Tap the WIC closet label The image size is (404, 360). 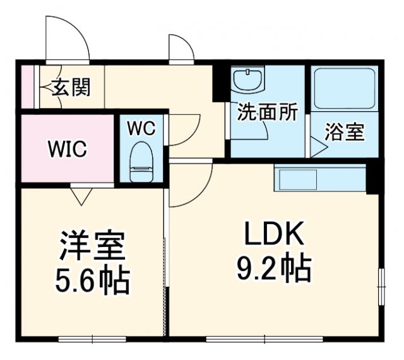(x=68, y=150)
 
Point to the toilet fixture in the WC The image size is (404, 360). (x=141, y=162)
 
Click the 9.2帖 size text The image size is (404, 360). (x=271, y=270)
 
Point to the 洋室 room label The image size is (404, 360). (x=92, y=246)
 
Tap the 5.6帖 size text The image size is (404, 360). (x=93, y=280)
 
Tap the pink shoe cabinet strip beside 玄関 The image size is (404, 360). (x=28, y=86)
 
